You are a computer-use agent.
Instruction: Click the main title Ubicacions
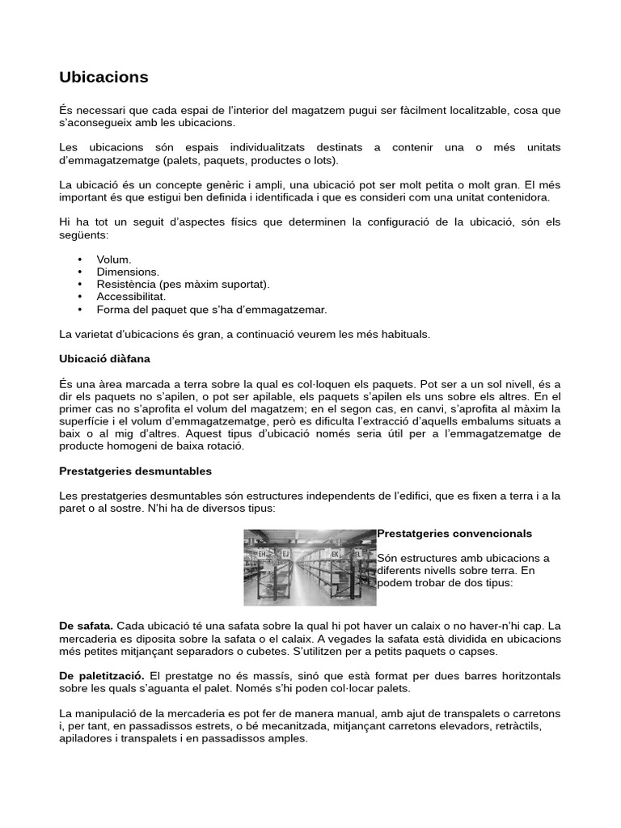pos(103,78)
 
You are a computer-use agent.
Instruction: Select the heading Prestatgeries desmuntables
pos(136,471)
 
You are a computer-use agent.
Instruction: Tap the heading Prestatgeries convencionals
pos(454,534)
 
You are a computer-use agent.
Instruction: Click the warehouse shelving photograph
pos(310,567)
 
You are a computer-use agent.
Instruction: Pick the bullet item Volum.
pos(114,260)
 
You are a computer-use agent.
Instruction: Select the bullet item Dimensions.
pos(128,272)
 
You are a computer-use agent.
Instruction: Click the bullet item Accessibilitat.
pos(131,297)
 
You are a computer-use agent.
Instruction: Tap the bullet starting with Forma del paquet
pos(211,310)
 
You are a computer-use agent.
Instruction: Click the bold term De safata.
pos(87,627)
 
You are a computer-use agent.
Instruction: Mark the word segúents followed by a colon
pos(82,234)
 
